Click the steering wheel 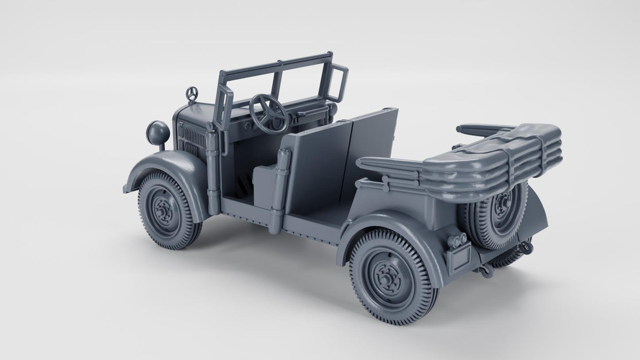269,113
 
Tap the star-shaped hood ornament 192,94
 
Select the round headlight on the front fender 158,132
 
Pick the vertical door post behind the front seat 279,190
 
